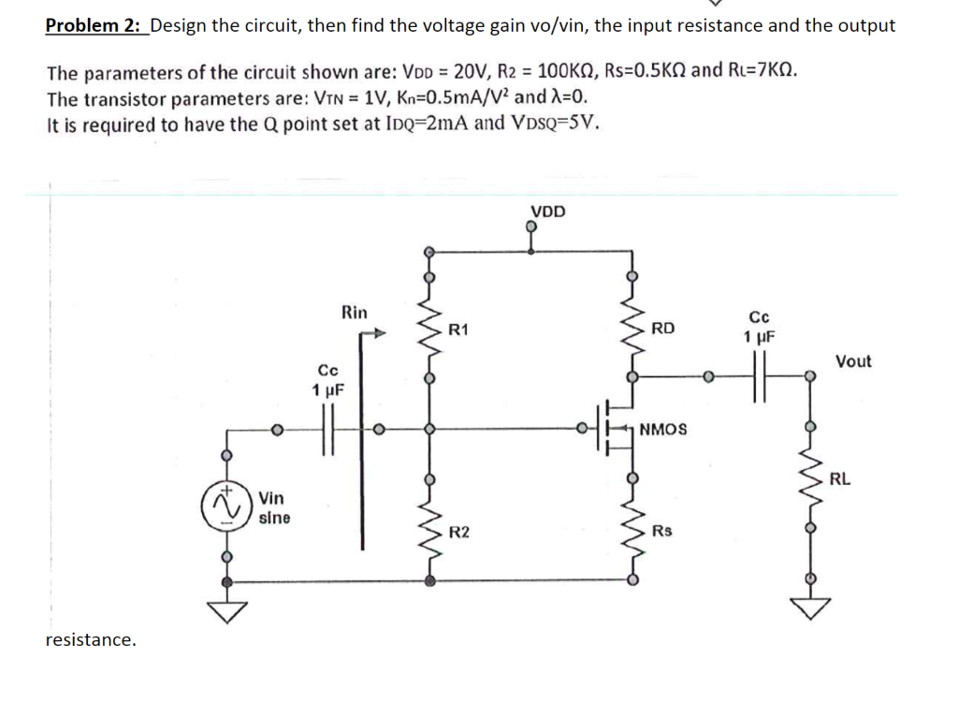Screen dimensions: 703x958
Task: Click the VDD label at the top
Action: [547, 211]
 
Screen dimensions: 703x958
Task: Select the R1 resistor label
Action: [459, 330]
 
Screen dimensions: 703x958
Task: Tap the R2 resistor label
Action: [459, 533]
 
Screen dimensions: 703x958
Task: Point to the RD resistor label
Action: [662, 329]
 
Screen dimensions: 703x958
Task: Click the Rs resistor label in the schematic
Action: [661, 532]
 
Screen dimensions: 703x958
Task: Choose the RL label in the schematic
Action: [839, 479]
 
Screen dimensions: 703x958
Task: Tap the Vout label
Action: [852, 361]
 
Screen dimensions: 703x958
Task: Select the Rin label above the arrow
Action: [355, 312]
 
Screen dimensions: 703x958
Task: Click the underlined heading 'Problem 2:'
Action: [94, 25]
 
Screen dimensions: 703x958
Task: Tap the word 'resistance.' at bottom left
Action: [91, 639]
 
